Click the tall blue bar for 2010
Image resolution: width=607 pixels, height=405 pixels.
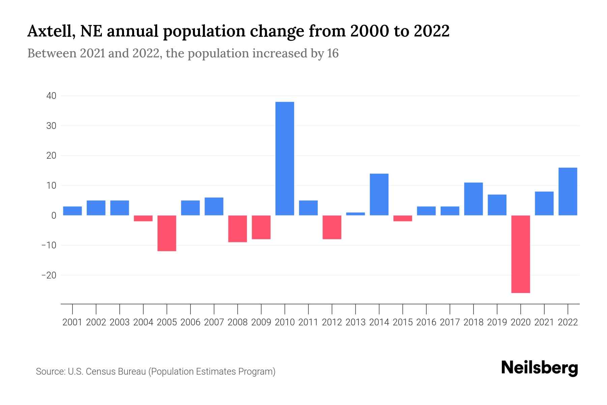[285, 159]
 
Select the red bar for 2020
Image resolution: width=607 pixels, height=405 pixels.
[520, 254]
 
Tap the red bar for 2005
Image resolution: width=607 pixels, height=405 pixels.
[167, 233]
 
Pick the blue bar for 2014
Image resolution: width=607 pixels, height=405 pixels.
[379, 194]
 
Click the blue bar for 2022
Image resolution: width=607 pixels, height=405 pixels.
[568, 191]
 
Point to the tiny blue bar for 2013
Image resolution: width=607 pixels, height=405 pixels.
[355, 214]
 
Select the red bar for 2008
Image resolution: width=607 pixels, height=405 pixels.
[237, 228]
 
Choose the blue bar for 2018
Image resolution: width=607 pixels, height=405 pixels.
[473, 199]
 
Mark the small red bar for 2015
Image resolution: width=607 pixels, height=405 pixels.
[403, 218]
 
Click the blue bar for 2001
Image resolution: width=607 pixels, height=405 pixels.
[73, 211]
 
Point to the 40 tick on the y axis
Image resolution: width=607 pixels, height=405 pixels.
[51, 96]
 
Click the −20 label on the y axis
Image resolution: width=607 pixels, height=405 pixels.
[49, 275]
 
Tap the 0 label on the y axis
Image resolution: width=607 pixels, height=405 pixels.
[54, 216]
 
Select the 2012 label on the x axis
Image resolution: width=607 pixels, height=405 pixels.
[332, 322]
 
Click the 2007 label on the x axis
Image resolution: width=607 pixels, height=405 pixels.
[214, 322]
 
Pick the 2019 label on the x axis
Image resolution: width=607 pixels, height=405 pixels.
[497, 322]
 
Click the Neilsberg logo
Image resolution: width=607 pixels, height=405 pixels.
[539, 368]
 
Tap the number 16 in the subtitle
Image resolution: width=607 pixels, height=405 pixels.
[333, 54]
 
